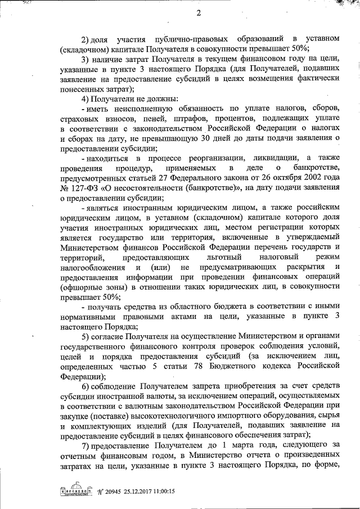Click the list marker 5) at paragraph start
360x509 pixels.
[x=86, y=336]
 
